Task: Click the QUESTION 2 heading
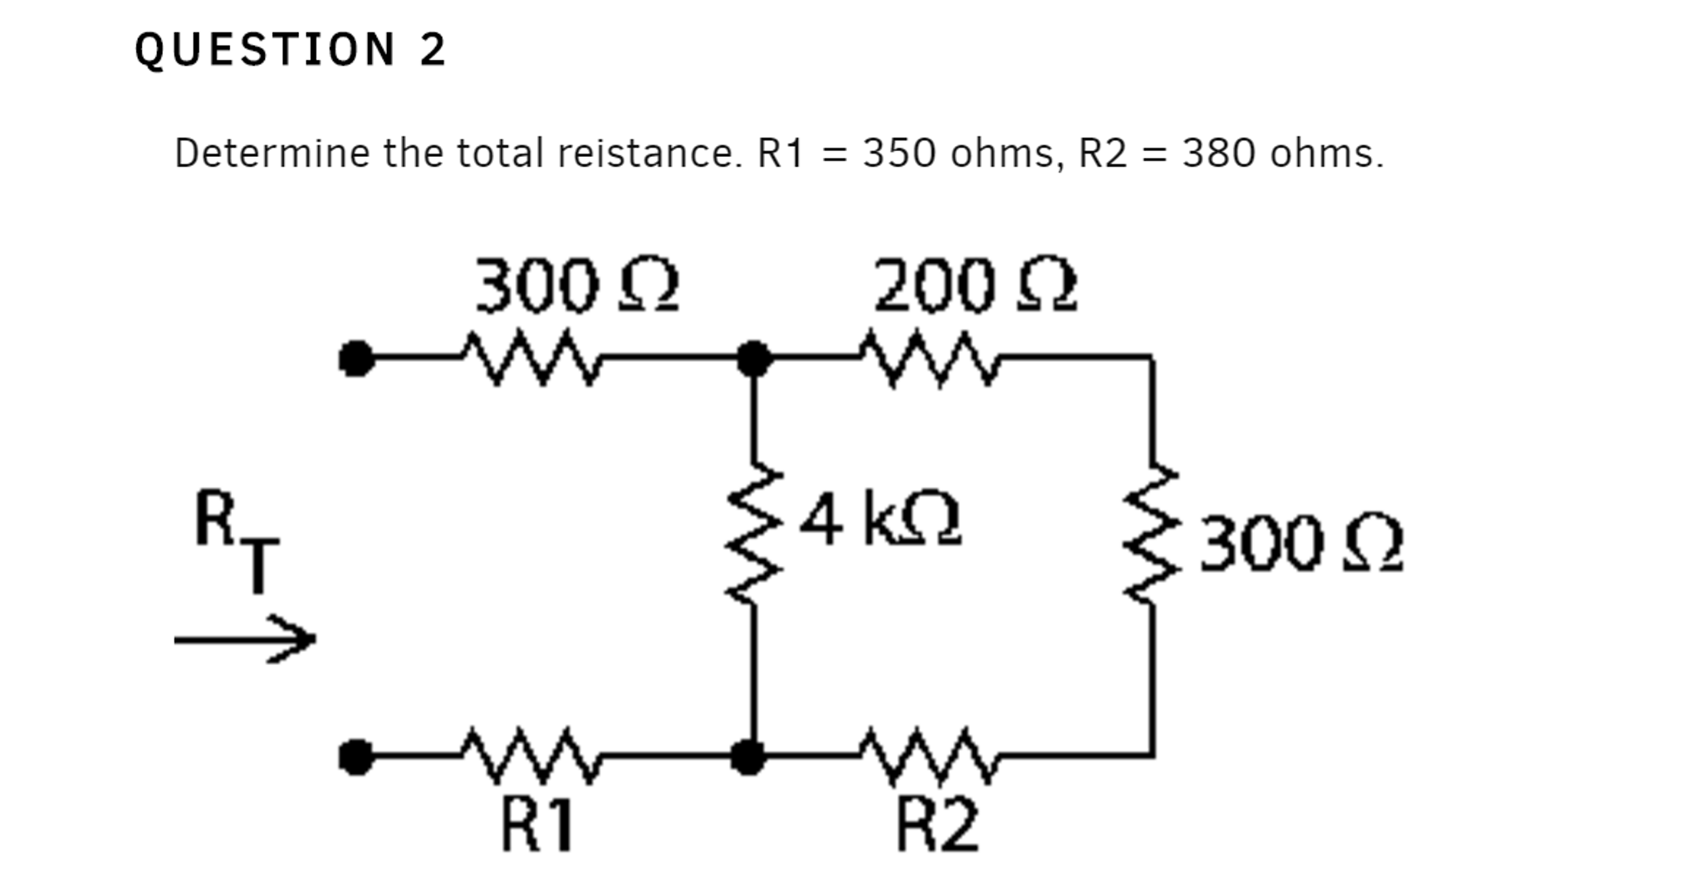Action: click(x=291, y=50)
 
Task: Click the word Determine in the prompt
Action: click(x=272, y=154)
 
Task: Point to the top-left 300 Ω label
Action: click(x=576, y=286)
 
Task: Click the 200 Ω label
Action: click(x=975, y=286)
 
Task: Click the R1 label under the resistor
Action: click(x=538, y=826)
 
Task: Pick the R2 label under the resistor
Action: click(x=938, y=826)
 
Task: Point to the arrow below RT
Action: click(x=245, y=639)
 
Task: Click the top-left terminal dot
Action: click(x=356, y=359)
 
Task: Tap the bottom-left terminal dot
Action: click(x=356, y=757)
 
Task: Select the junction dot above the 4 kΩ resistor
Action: click(x=753, y=359)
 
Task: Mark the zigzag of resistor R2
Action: click(x=930, y=756)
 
